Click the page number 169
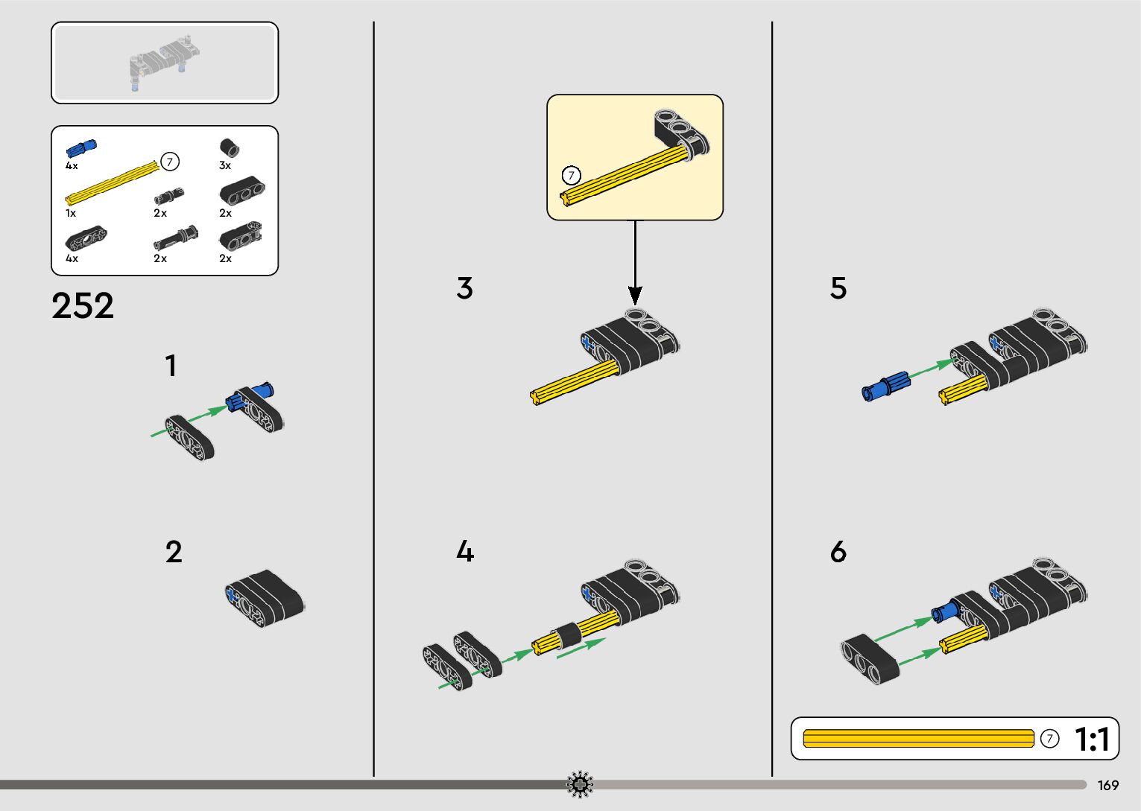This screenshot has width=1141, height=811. [x=1107, y=785]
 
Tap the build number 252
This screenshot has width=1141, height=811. [x=83, y=305]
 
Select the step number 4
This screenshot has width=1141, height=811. [x=465, y=552]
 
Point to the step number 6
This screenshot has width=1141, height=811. [x=838, y=552]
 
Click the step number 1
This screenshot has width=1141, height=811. [x=171, y=366]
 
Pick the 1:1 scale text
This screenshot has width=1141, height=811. [x=1092, y=740]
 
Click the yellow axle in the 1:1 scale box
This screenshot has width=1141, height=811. [x=918, y=739]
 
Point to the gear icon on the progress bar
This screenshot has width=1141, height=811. [x=580, y=784]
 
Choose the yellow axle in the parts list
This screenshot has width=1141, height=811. [x=112, y=181]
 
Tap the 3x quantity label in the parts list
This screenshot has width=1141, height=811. [x=225, y=166]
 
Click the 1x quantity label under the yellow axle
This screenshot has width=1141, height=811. [x=71, y=213]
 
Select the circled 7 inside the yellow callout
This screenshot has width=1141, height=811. [x=571, y=176]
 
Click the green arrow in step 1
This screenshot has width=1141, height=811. [x=189, y=421]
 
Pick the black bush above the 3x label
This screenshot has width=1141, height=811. [x=229, y=147]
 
